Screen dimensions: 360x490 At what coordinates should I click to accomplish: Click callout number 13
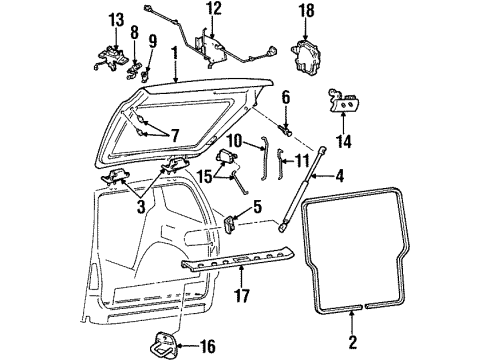[x=116, y=21]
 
